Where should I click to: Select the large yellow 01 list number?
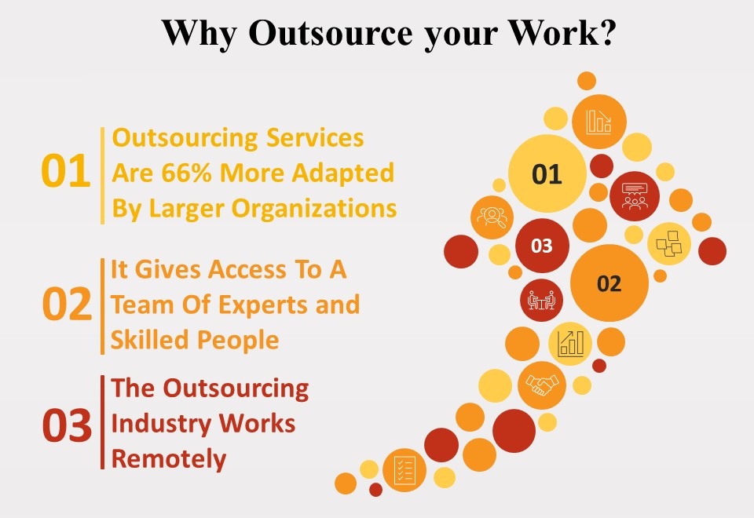click(65, 173)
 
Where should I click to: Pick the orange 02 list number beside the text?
click(67, 305)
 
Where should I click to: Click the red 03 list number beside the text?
click(67, 426)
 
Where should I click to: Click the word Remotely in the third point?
click(169, 458)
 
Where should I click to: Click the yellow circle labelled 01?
click(547, 173)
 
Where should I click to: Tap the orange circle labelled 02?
click(609, 283)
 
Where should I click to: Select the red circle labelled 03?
click(542, 246)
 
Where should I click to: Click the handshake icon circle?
click(542, 385)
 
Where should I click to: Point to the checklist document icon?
click(404, 469)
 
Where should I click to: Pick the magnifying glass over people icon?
click(492, 217)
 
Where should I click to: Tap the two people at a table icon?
click(542, 300)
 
